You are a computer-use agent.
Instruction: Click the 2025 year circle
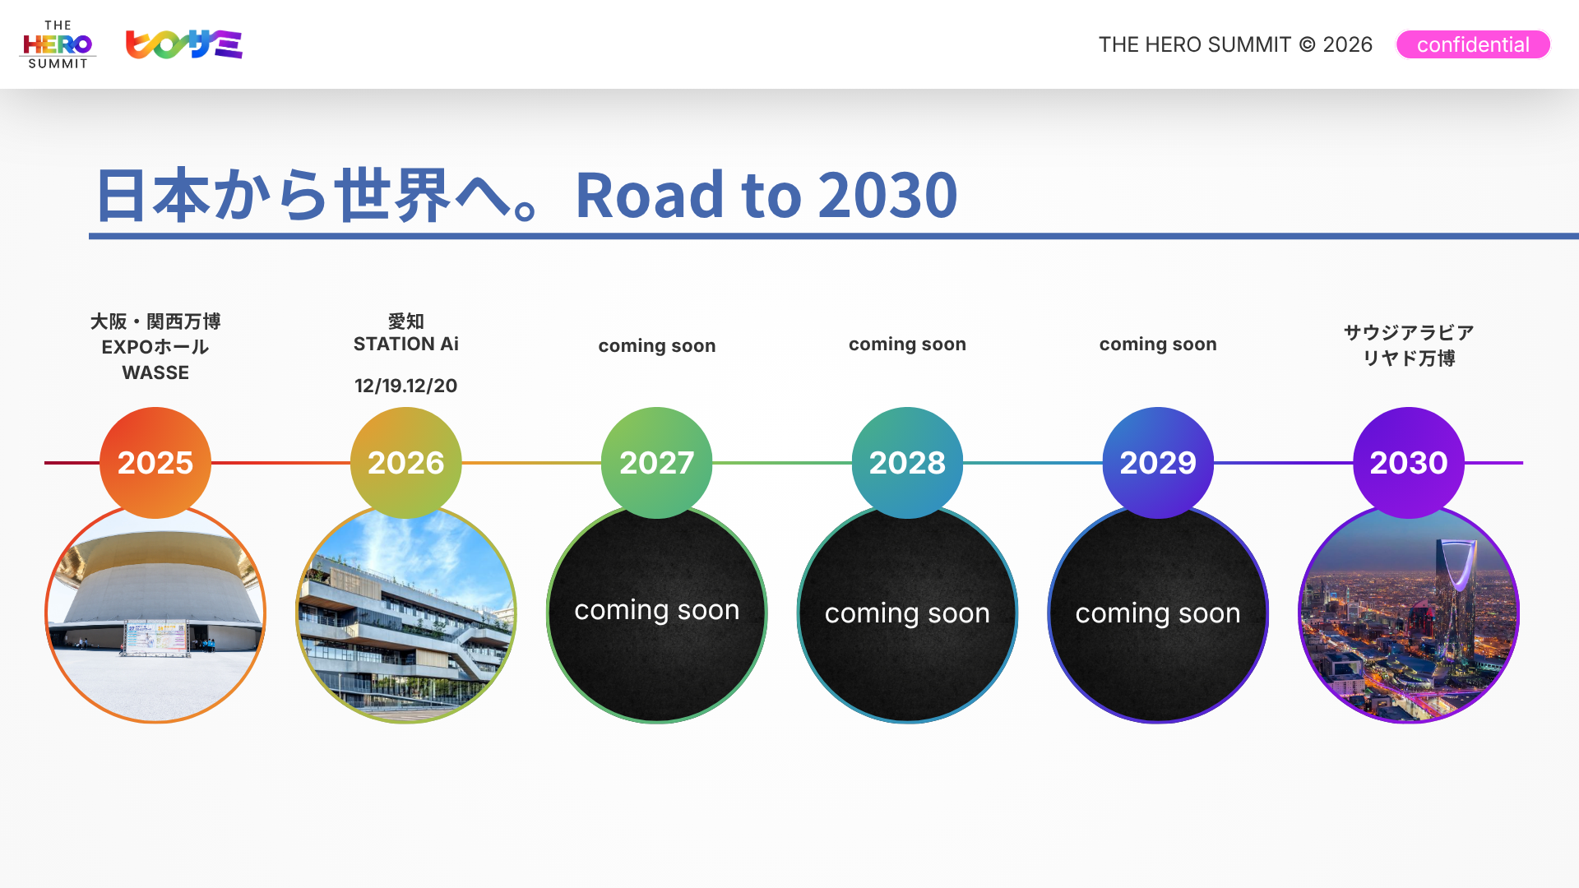155,463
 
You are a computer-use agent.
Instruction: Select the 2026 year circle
406,463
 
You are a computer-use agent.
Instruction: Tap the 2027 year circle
657,463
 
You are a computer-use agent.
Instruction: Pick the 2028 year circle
907,463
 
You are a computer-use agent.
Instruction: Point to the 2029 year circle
1158,463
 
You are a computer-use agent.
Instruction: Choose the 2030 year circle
1409,463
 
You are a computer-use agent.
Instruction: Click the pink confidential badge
1473,44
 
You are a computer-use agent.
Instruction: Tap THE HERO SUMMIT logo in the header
58,44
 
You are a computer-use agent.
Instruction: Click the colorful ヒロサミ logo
183,44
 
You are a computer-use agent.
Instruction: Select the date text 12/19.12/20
406,386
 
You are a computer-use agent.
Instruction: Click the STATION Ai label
406,344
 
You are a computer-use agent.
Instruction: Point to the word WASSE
155,372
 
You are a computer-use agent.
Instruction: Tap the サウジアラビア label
1409,332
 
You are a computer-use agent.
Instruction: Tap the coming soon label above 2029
1158,344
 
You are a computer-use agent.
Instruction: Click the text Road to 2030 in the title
766,195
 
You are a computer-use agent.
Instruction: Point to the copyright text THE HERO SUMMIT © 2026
1235,44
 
